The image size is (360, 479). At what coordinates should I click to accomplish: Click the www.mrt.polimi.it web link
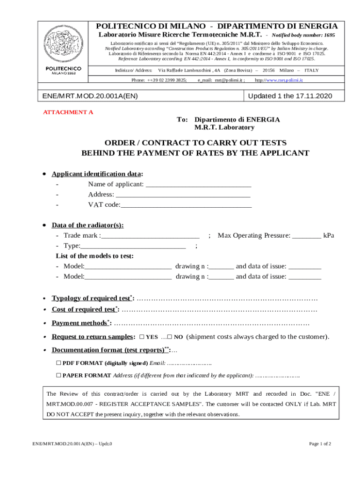pyautogui.click(x=285, y=80)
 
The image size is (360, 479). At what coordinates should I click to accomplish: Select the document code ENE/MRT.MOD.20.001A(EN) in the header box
pyautogui.click(x=90, y=96)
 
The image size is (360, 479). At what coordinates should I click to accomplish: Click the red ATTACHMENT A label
pyautogui.click(x=68, y=112)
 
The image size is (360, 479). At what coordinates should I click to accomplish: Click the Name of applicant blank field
pyautogui.click(x=198, y=184)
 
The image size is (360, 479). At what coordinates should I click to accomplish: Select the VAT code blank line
pyautogui.click(x=186, y=205)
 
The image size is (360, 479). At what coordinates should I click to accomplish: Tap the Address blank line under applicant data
pyautogui.click(x=183, y=195)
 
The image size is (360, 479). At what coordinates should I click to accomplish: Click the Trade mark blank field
pyautogui.click(x=150, y=235)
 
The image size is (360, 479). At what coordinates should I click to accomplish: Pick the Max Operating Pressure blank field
pyautogui.click(x=307, y=235)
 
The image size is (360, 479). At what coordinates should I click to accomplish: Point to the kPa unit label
pyautogui.click(x=329, y=235)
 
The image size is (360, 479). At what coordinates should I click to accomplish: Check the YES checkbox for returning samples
pyautogui.click(x=142, y=337)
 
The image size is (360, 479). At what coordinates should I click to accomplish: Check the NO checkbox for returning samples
pyautogui.click(x=170, y=337)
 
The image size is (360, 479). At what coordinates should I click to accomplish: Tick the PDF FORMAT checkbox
pyautogui.click(x=58, y=363)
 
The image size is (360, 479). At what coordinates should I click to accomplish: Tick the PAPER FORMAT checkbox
pyautogui.click(x=58, y=375)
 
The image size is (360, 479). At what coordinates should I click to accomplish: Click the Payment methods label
pyautogui.click(x=80, y=323)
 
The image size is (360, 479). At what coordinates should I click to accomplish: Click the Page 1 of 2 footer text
pyautogui.click(x=320, y=444)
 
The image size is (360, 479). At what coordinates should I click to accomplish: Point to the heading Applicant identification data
pyautogui.click(x=97, y=174)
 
